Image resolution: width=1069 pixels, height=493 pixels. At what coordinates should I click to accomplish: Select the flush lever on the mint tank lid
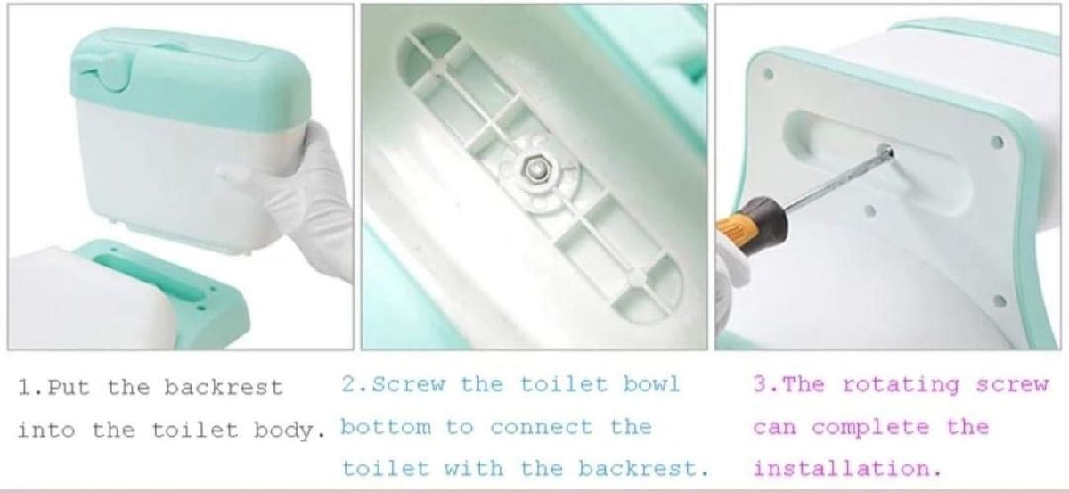click(x=102, y=70)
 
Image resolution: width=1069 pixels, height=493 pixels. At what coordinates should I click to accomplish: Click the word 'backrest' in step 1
click(x=224, y=388)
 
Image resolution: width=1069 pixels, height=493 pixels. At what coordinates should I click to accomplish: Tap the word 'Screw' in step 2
click(x=409, y=384)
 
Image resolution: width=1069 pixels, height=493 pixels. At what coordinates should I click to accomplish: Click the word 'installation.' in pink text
click(x=847, y=469)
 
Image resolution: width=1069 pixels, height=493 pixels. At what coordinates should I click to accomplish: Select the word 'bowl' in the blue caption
click(x=651, y=384)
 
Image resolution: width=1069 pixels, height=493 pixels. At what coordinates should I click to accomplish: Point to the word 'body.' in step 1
click(x=290, y=431)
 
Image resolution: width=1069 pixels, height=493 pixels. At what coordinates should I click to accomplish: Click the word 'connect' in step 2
click(x=542, y=427)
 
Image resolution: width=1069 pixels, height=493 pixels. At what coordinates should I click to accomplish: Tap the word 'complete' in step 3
click(x=871, y=428)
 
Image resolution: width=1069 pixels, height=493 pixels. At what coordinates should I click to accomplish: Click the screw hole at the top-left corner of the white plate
click(x=768, y=74)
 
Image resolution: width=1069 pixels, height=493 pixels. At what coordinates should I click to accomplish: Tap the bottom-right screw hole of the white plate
click(x=1000, y=301)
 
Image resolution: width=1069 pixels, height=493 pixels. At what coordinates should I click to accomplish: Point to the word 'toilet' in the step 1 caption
click(x=195, y=431)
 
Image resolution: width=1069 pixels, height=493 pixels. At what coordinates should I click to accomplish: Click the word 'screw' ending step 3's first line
click(x=1012, y=385)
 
